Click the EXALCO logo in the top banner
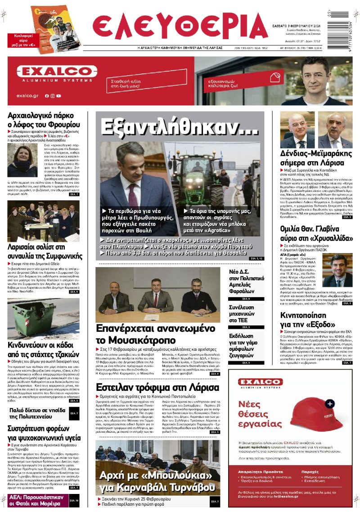(x=57, y=72)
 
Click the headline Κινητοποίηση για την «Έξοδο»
(x=310, y=320)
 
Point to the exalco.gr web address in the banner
(x=27, y=96)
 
